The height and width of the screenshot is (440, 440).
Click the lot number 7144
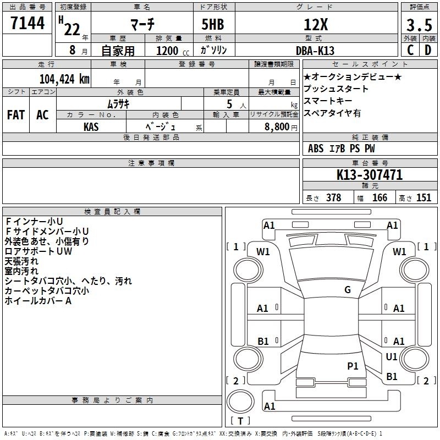coord(28,23)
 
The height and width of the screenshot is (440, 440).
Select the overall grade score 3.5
coord(419,25)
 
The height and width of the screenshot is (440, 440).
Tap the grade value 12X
coord(316,25)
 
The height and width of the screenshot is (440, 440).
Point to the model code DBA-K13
coord(315,51)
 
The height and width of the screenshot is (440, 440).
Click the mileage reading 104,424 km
coord(64,79)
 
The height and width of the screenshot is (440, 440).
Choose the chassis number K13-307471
coord(370,175)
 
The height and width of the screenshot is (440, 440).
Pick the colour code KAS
coord(91,127)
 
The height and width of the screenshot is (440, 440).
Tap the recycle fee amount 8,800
coord(277,127)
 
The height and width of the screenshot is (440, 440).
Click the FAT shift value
coord(16,115)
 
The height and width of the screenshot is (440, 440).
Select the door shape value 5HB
coord(213,24)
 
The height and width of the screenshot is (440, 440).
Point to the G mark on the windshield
coord(348,290)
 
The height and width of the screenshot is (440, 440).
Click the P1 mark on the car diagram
coord(353,366)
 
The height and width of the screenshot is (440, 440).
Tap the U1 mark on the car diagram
coord(392,356)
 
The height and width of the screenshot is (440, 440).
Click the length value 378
coord(334,197)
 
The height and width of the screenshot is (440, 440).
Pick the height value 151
coord(424,197)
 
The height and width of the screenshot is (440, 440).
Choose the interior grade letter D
coord(428,50)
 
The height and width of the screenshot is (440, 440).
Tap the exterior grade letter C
coord(410,50)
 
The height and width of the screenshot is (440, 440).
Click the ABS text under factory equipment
coord(316,148)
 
